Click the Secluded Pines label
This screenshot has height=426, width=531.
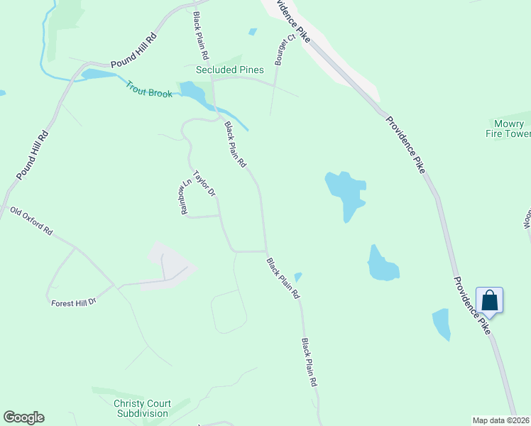pos(229,70)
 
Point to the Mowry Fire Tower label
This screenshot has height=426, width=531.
pos(508,129)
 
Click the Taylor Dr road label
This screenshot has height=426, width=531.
pos(204,183)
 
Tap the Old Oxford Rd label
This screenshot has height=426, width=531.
pos(31,221)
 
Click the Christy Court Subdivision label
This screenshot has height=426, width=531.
pos(141,408)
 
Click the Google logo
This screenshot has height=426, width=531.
pos(23,417)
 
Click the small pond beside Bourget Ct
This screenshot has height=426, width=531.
pos(253,32)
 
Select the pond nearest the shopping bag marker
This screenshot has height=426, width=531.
pos(441,323)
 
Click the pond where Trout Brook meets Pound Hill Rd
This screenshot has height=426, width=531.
pos(95,74)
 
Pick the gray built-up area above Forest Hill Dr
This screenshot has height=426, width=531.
pos(170,263)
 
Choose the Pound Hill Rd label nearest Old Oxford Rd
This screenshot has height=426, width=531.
pos(32,155)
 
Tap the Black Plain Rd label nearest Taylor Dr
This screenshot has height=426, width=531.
pos(235,144)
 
